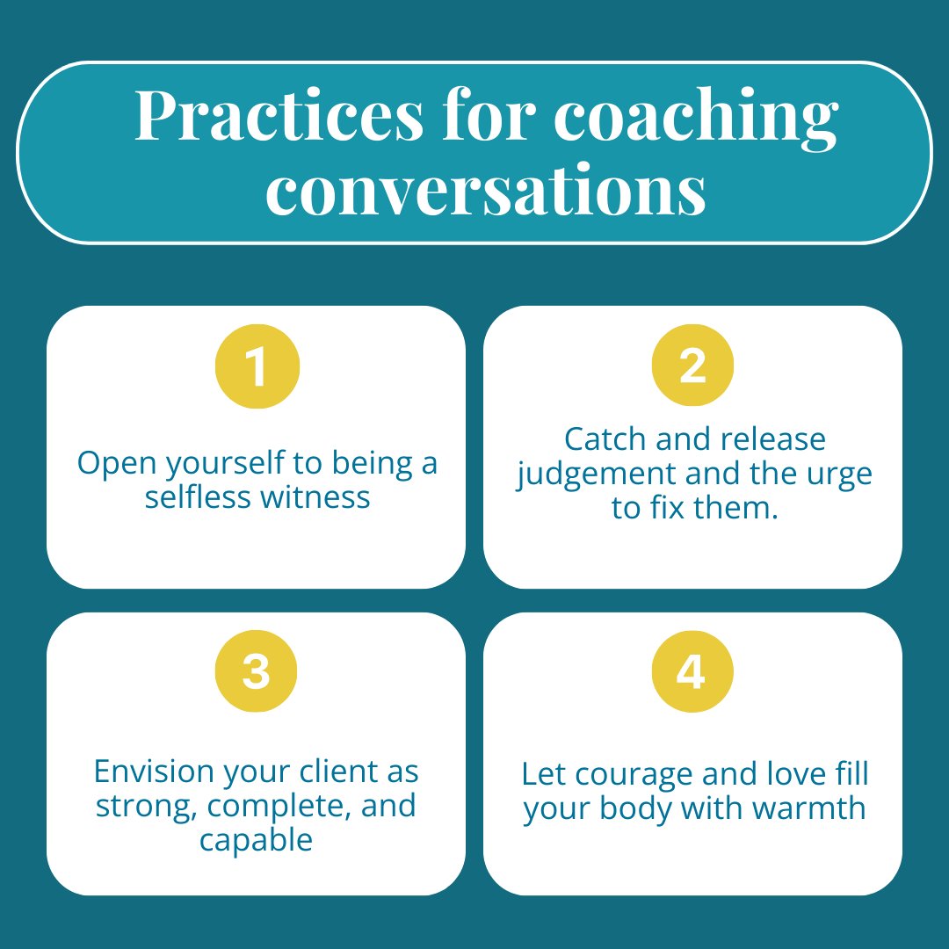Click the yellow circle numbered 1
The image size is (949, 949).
coord(257,366)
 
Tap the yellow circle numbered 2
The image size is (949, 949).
coord(692,366)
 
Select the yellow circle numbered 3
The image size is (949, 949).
coord(256,672)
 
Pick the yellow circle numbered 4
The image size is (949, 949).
coord(692,672)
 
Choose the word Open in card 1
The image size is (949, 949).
coord(108,464)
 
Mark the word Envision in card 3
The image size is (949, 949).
coord(153,772)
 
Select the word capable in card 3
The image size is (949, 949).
coord(256,840)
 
